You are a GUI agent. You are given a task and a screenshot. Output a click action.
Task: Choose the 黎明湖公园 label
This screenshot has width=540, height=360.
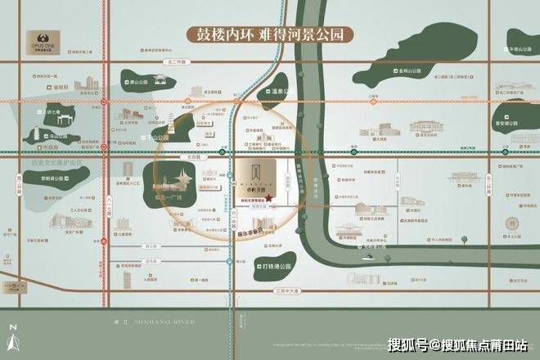click(50, 178)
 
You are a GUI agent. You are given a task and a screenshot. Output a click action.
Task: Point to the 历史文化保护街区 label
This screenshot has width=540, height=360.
click(50, 162)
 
